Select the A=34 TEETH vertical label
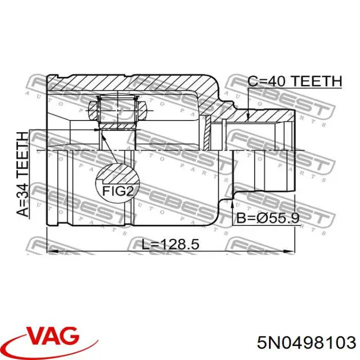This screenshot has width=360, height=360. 22,174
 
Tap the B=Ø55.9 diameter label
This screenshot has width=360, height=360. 267,218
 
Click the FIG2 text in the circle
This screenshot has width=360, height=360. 118,191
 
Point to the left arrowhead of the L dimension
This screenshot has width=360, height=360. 51,251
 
